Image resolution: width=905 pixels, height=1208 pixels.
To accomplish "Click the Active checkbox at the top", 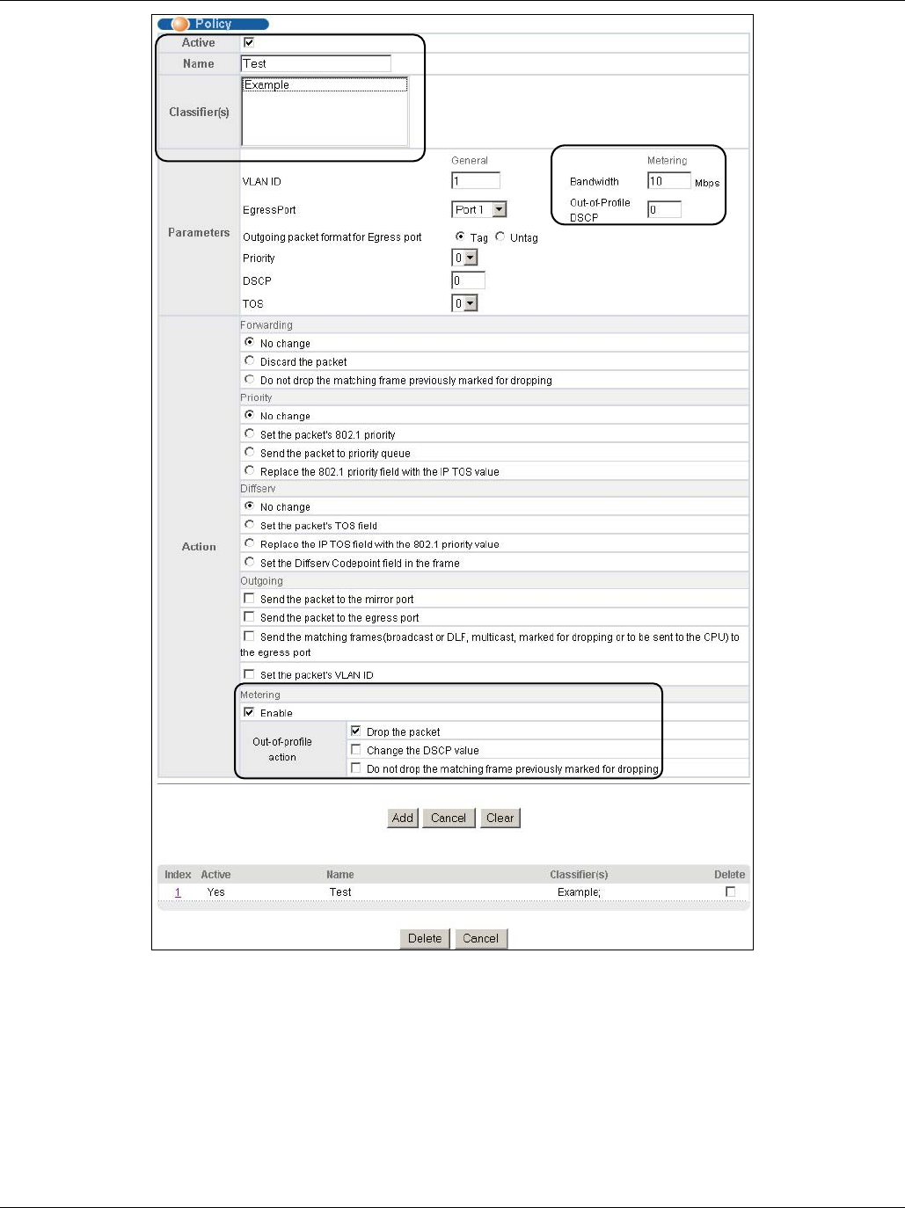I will pyautogui.click(x=249, y=42).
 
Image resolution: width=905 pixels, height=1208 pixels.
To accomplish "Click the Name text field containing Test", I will pyautogui.click(x=315, y=63).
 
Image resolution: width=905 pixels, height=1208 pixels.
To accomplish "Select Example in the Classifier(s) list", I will pyautogui.click(x=267, y=85).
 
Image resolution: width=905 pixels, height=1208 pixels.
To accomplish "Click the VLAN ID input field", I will pyautogui.click(x=475, y=181).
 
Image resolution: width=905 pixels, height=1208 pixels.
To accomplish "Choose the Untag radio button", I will pyautogui.click(x=500, y=237).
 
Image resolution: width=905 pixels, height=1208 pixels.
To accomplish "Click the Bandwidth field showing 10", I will pyautogui.click(x=668, y=181).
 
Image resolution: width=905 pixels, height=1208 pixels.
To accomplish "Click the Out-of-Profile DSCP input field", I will pyautogui.click(x=664, y=209).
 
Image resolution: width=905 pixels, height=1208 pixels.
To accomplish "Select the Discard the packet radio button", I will pyautogui.click(x=250, y=361).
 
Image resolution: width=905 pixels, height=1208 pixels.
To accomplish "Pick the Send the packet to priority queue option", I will pyautogui.click(x=250, y=453).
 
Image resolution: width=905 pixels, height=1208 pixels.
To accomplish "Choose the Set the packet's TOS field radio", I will pyautogui.click(x=250, y=525).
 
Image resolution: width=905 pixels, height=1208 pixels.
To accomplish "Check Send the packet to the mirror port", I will pyautogui.click(x=249, y=599).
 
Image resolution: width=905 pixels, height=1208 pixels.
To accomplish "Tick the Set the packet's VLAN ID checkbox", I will pyautogui.click(x=249, y=674).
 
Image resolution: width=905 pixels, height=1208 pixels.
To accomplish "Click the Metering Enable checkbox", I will pyautogui.click(x=249, y=712).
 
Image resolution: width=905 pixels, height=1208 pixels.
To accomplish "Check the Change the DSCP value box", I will pyautogui.click(x=355, y=750).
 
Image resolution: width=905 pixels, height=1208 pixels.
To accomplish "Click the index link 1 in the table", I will pyautogui.click(x=178, y=892).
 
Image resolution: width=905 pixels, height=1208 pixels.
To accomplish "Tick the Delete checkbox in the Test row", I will pyautogui.click(x=730, y=891).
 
